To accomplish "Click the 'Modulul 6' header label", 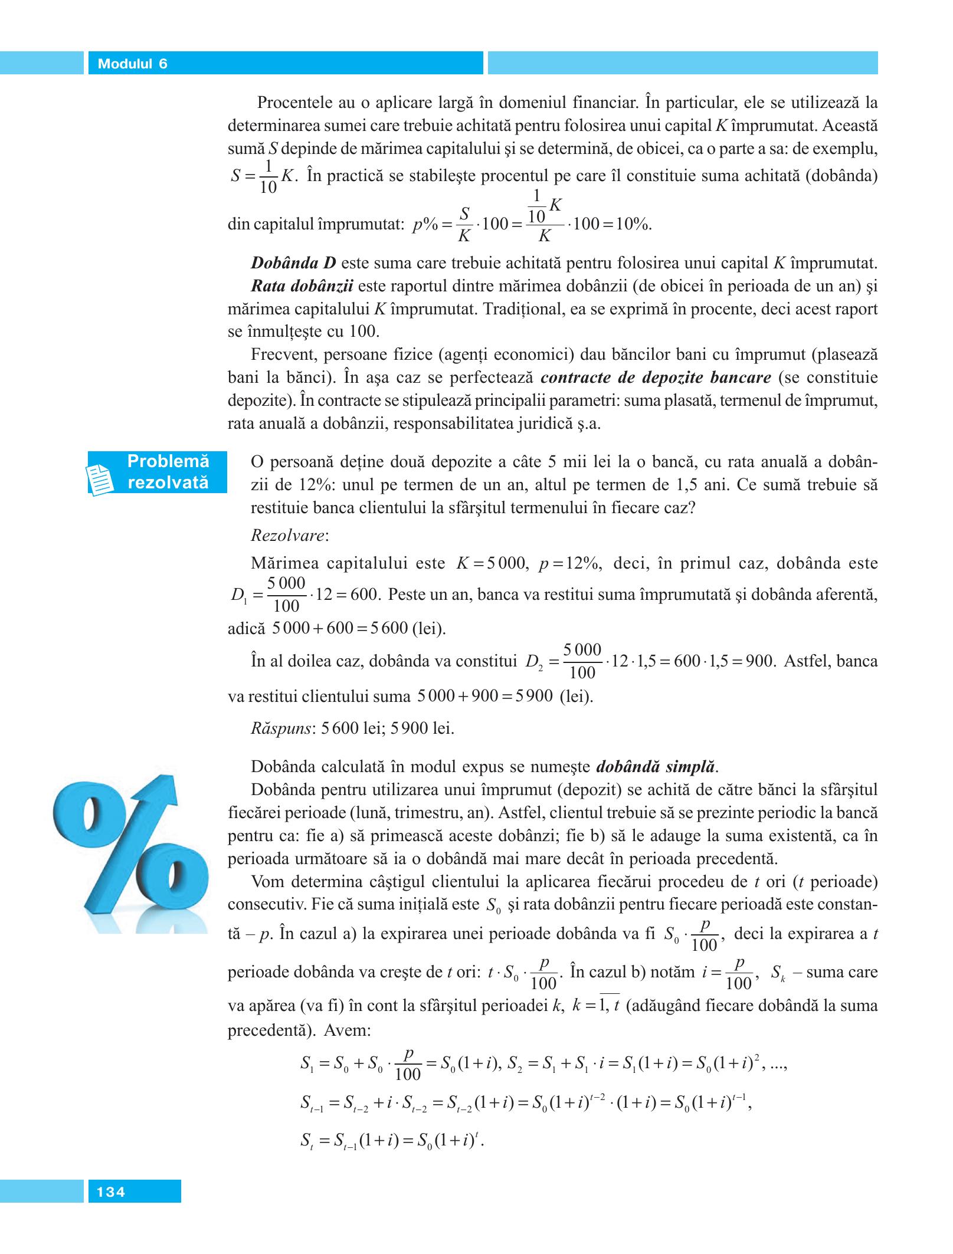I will (132, 64).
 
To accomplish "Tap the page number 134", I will (111, 1192).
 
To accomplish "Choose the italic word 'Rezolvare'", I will (289, 536).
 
